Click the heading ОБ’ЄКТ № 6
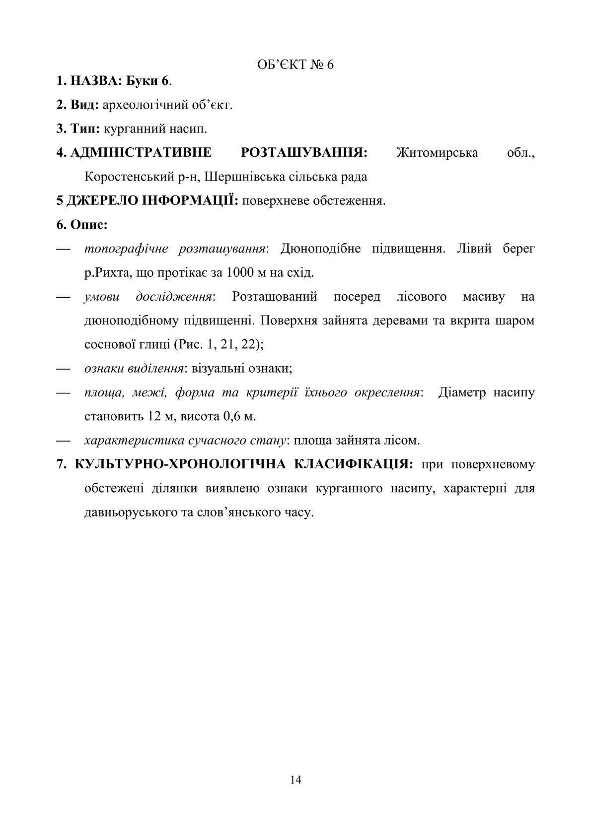click(x=295, y=65)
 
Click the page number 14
click(x=295, y=780)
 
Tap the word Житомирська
click(x=438, y=152)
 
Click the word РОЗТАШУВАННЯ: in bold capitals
click(x=304, y=152)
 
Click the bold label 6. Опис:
click(x=82, y=225)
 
